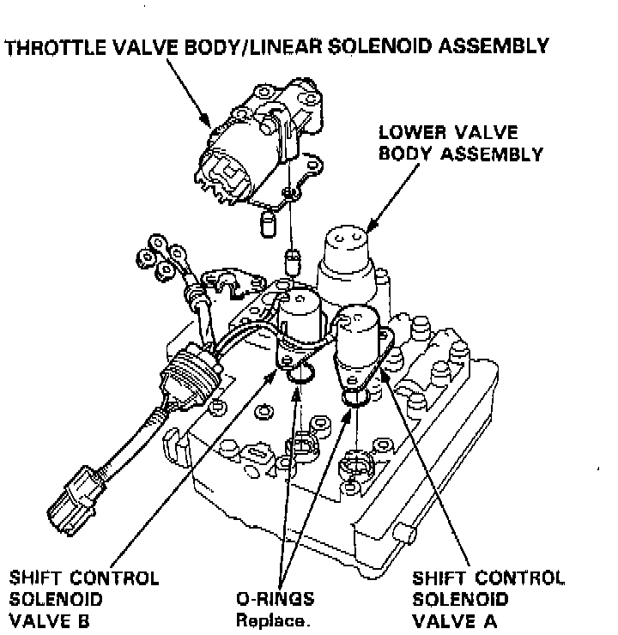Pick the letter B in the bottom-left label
[x=88, y=620]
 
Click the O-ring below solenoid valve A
[x=354, y=396]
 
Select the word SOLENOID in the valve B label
[x=48, y=599]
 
